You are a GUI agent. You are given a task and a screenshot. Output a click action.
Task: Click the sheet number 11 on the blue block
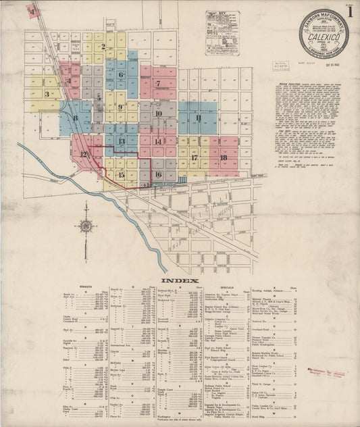click(199, 118)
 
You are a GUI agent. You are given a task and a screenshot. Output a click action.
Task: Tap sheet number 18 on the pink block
click(224, 157)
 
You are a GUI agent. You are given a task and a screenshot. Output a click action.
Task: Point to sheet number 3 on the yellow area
click(47, 94)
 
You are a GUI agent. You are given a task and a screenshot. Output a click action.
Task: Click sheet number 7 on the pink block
click(158, 84)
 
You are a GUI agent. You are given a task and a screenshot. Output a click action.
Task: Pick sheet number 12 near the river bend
click(84, 155)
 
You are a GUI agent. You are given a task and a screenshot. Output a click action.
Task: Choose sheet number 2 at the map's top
click(103, 47)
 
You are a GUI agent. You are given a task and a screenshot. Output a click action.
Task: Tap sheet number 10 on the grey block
click(158, 114)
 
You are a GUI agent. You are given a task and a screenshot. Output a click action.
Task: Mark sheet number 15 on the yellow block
click(121, 175)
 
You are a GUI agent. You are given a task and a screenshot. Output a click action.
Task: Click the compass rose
click(86, 226)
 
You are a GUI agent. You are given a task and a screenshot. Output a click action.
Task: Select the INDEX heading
click(180, 280)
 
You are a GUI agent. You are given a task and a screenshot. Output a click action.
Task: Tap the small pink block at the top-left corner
click(32, 11)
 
